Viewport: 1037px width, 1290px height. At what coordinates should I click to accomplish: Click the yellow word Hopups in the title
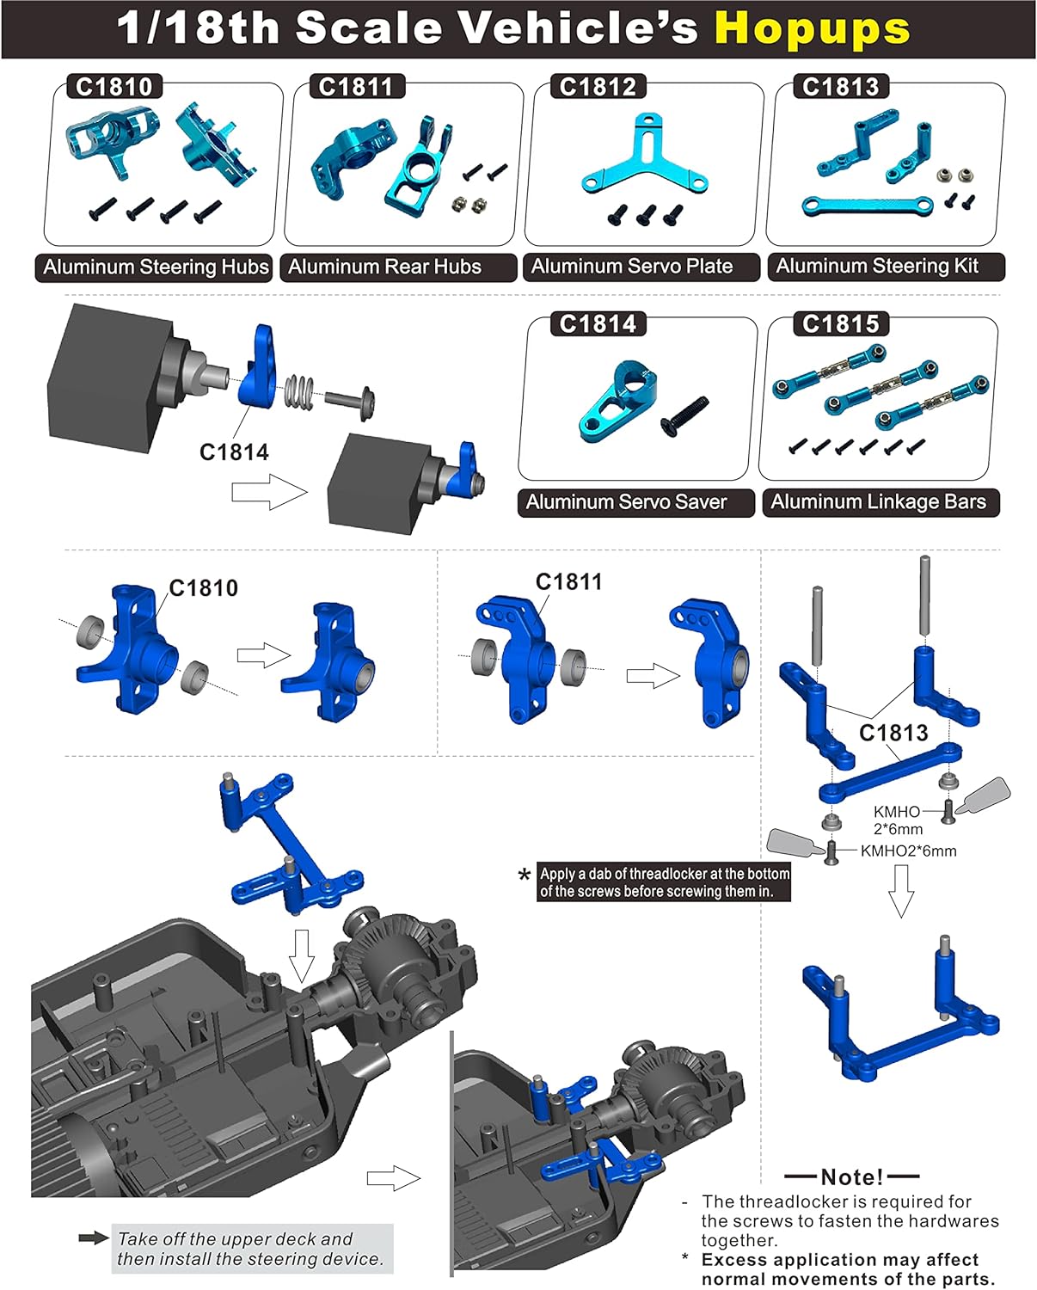click(x=812, y=28)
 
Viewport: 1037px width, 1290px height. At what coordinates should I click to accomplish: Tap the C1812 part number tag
click(x=598, y=87)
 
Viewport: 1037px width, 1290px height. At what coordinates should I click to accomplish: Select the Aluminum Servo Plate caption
click(x=632, y=267)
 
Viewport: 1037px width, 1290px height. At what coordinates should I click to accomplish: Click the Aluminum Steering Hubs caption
click(x=156, y=267)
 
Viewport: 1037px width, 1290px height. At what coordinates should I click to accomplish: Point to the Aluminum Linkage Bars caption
click(x=878, y=502)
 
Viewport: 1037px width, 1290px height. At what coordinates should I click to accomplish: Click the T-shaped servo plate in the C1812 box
click(x=643, y=159)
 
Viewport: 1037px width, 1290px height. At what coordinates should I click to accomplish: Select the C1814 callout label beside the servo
click(x=234, y=452)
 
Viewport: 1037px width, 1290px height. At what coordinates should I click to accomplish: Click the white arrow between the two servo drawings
click(x=269, y=493)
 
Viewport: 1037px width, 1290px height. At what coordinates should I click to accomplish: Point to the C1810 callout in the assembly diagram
click(x=204, y=588)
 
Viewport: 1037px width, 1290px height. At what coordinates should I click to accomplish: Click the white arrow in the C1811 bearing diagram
click(x=653, y=675)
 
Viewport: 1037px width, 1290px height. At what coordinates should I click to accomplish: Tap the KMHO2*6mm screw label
click(x=908, y=851)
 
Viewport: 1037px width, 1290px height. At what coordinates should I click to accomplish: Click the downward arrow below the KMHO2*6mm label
click(x=900, y=890)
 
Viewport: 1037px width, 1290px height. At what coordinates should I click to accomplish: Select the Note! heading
click(x=851, y=1176)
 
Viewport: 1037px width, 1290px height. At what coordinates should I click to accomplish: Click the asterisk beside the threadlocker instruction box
click(x=524, y=876)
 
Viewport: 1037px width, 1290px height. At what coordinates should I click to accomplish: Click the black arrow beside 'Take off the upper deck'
click(x=93, y=1238)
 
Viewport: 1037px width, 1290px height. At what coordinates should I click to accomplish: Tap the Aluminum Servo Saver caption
click(x=627, y=502)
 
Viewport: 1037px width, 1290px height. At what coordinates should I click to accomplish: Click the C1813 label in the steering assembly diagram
click(x=893, y=733)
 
